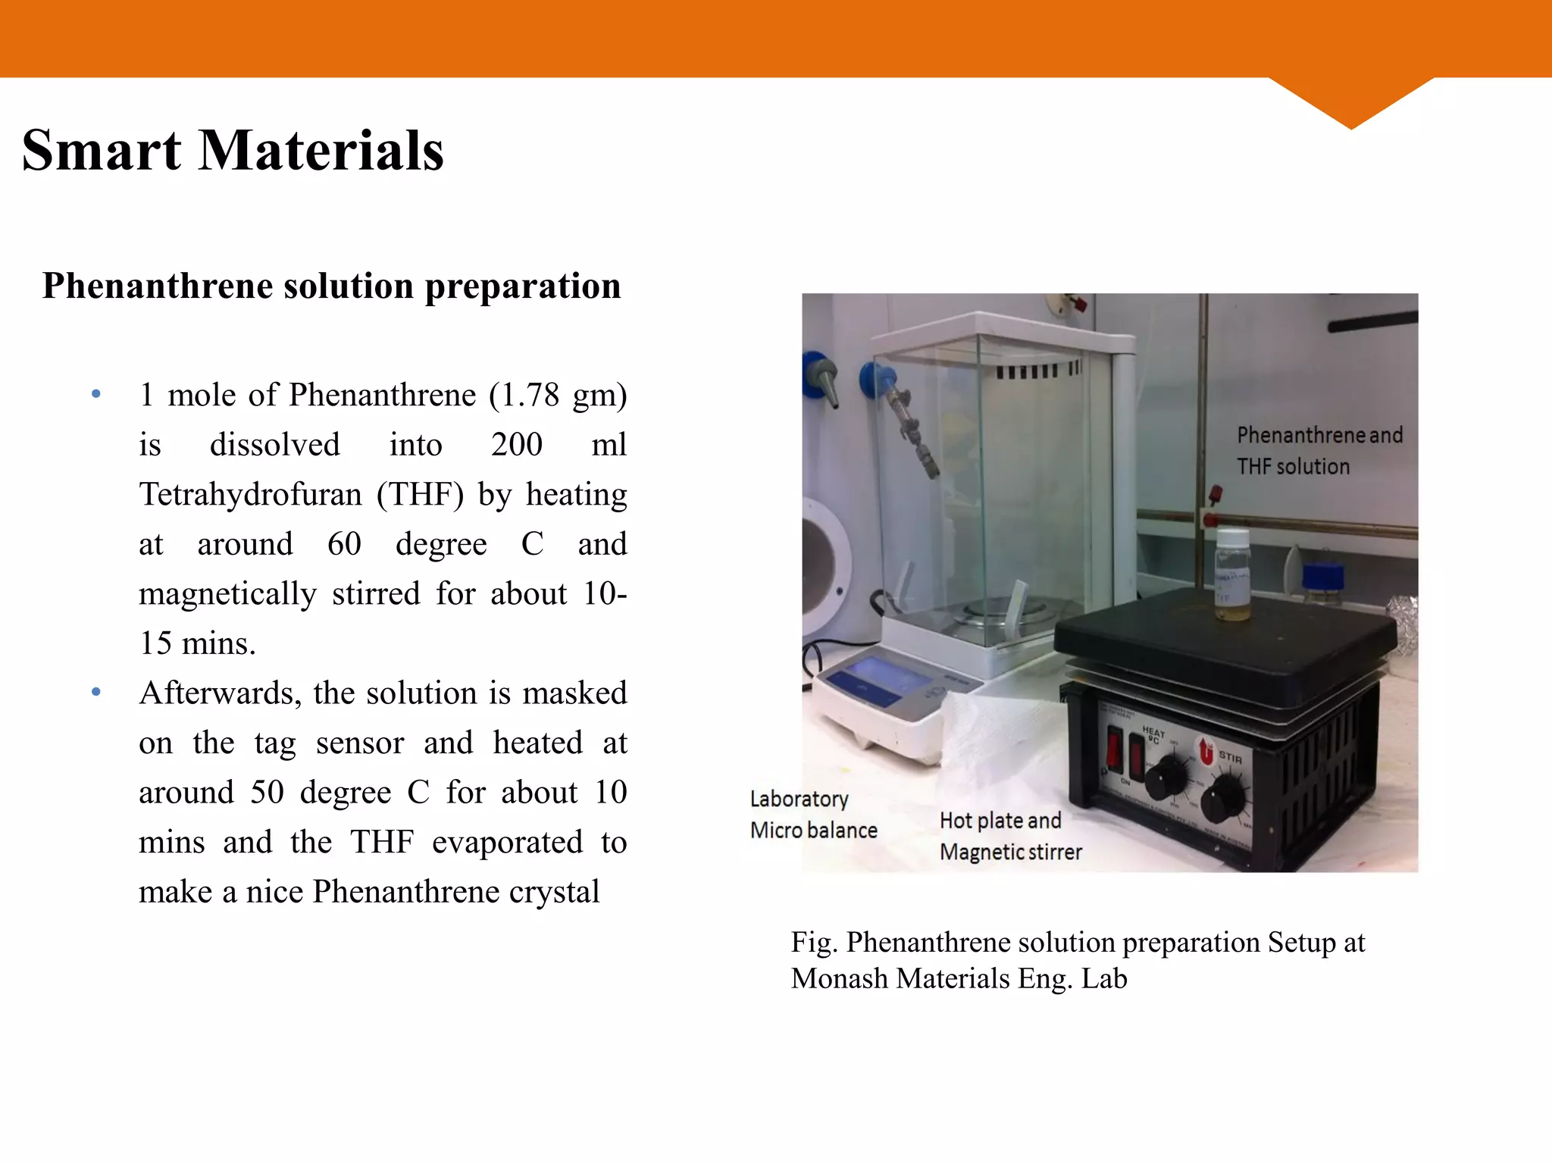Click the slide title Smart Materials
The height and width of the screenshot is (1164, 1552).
coord(233,151)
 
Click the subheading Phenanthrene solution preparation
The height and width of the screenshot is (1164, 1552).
coord(331,286)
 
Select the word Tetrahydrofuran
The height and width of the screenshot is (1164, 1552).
coord(251,494)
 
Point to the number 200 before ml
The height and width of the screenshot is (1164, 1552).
coord(516,445)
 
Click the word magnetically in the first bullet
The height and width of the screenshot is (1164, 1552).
coord(227,593)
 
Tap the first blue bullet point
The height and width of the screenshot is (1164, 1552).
coord(96,394)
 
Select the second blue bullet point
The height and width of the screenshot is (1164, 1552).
coord(96,692)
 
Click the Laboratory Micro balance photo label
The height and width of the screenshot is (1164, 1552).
coord(813,815)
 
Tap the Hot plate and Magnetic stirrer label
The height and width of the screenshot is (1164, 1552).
coord(1010,836)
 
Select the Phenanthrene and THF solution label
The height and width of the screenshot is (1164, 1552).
coord(1319,450)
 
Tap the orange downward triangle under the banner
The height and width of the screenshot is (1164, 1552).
coord(1350,102)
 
